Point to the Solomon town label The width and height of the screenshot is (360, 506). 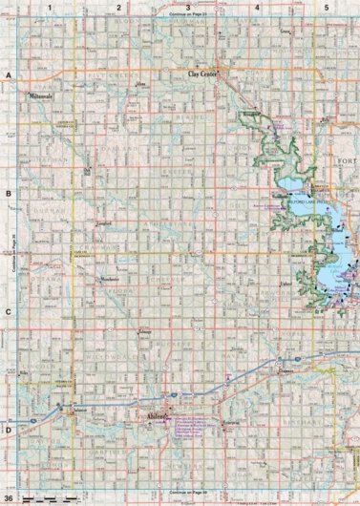81,409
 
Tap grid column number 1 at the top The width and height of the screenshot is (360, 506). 47,7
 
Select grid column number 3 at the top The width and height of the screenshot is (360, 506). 187,7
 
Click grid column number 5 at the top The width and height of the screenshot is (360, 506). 327,7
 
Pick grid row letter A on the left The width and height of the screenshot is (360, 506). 8,74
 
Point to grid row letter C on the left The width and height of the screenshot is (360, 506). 8,311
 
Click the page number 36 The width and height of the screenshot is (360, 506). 9,498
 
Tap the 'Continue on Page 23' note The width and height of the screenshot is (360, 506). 187,16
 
